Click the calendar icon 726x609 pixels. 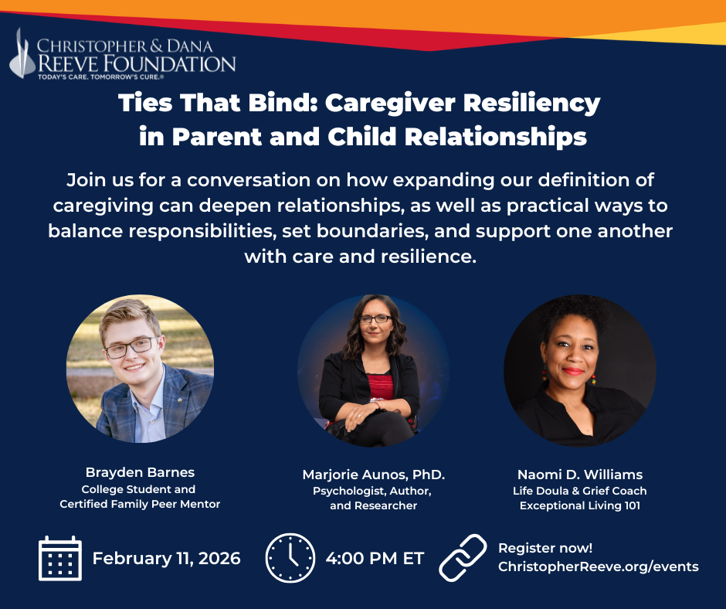point(60,558)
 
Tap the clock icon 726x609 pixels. point(290,558)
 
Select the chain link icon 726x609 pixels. point(463,557)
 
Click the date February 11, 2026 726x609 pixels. point(167,558)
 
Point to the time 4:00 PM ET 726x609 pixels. point(375,558)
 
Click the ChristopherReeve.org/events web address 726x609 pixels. point(599,566)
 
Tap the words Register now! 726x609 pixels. point(545,548)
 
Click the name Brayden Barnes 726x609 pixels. point(140,472)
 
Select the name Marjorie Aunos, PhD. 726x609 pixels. point(374,475)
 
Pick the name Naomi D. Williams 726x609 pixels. point(580,475)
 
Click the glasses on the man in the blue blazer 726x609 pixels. point(131,348)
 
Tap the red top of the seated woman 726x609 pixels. point(381,386)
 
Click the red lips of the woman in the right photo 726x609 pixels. point(573,371)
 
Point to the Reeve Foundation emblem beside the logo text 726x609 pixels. point(22,54)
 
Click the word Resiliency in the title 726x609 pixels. point(531,104)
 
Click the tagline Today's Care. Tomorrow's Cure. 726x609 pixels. point(100,77)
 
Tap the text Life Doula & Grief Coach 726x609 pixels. point(580,491)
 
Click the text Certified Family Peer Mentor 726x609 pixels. point(140,504)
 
